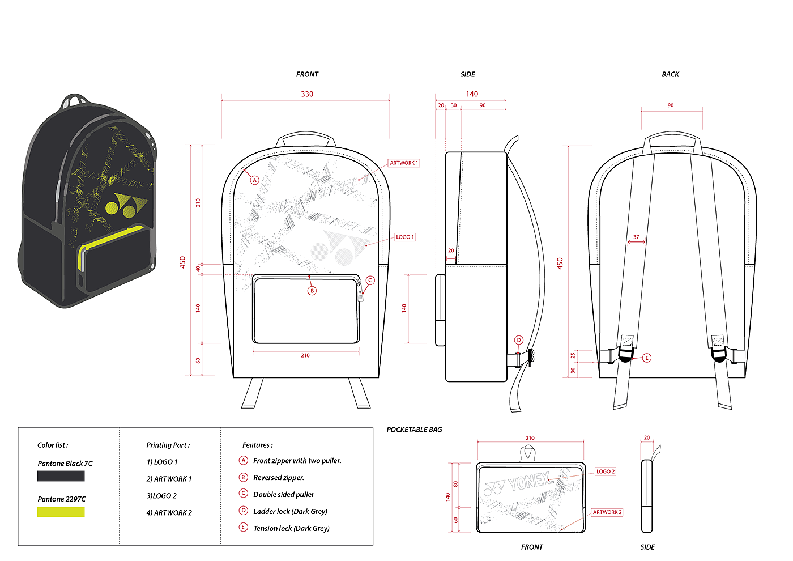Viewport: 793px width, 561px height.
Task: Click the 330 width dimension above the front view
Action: pos(307,94)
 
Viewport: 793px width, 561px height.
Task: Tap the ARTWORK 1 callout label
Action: pos(404,163)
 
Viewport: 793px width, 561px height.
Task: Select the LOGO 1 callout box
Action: pos(405,237)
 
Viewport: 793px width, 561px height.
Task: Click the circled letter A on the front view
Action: pos(255,180)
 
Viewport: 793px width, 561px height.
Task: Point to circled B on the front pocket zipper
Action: pos(312,291)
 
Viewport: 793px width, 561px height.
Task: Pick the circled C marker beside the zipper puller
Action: pos(370,280)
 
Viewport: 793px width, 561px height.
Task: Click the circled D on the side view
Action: pos(519,340)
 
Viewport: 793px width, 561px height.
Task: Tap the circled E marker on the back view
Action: pos(647,358)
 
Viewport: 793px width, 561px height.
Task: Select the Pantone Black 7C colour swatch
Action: pos(61,477)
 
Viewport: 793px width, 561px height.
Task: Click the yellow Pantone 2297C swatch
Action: pos(61,512)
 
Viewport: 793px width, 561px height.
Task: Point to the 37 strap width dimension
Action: pos(636,237)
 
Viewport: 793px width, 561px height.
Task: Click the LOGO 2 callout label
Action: pos(606,471)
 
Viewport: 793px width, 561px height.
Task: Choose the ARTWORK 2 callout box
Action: pos(607,512)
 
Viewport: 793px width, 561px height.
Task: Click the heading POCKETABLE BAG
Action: pos(414,430)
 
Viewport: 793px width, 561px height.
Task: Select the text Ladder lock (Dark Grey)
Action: pos(290,512)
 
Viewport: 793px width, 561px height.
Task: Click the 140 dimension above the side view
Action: pos(472,94)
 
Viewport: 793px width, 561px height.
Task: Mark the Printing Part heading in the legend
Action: pos(168,445)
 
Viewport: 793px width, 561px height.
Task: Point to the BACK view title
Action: pos(670,74)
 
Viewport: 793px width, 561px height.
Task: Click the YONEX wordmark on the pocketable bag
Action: pos(528,482)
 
